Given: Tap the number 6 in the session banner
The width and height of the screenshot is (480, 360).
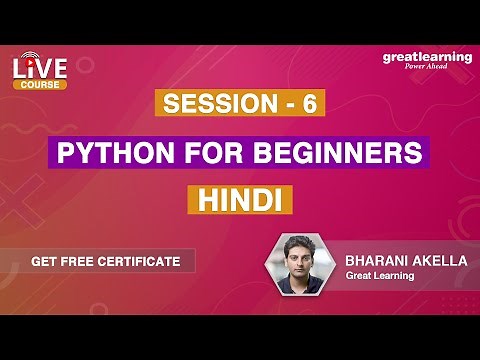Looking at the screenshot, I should tap(308, 105).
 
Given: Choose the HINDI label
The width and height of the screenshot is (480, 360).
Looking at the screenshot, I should tap(239, 199).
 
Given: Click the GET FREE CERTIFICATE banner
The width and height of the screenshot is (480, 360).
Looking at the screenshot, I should tap(105, 261).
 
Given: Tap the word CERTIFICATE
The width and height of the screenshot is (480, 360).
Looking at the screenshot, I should tap(141, 261).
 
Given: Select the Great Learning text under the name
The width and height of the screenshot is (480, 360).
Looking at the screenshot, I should tap(381, 275).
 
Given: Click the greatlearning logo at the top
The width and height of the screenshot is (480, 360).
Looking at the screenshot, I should tap(427, 57).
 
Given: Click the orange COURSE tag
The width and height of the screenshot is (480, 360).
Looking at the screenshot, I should tap(40, 85).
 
